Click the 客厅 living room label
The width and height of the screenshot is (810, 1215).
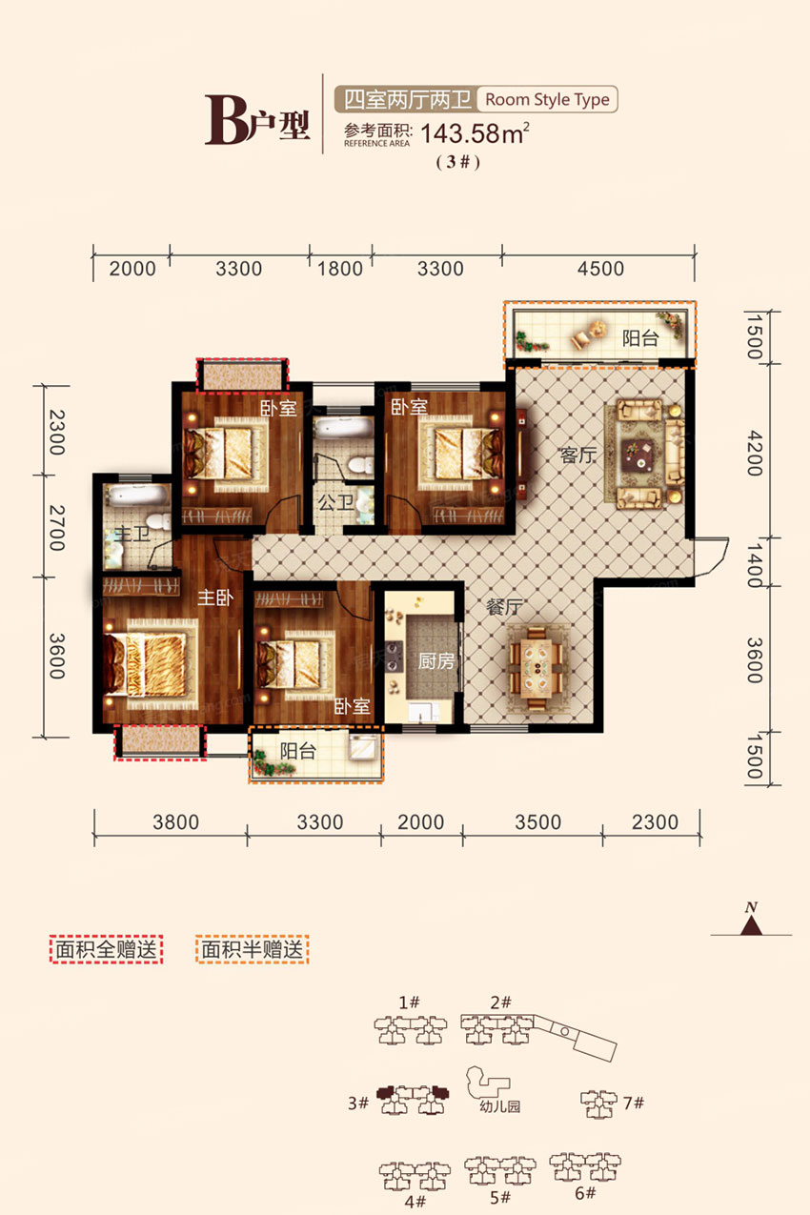coord(577,456)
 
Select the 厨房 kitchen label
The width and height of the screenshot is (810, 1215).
coord(436,661)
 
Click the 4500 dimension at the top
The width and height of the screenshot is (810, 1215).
coord(598,269)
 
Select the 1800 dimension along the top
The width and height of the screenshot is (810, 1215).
coord(340,269)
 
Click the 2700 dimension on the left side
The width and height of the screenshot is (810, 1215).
coord(54,527)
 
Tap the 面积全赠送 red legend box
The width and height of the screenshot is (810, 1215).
coord(107,950)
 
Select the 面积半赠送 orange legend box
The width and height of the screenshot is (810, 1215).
coord(253,950)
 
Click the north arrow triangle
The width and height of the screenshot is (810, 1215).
coord(752,924)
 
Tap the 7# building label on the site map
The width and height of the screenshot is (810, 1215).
coord(634,1104)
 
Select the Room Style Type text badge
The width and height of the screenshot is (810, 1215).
coord(547,99)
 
